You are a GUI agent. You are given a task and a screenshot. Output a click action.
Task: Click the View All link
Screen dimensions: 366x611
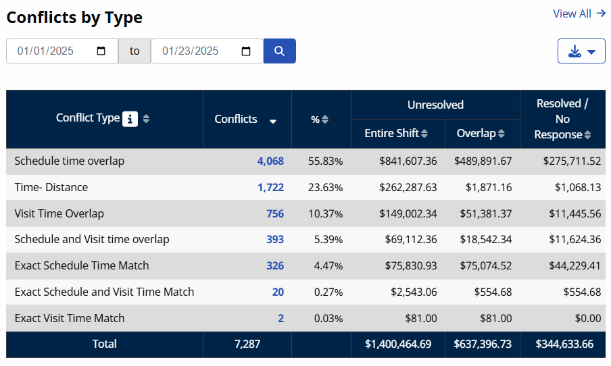point(579,14)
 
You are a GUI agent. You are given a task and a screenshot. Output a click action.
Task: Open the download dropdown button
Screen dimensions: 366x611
point(581,51)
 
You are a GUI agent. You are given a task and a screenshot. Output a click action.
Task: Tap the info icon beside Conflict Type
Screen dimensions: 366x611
point(130,119)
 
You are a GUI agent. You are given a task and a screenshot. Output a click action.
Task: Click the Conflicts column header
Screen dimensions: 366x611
point(236,119)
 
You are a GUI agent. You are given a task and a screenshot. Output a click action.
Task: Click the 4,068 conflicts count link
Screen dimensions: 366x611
point(270,161)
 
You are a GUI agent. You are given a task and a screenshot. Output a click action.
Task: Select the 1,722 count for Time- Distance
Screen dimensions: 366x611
point(270,187)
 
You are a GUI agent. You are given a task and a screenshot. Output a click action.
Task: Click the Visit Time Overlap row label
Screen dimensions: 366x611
point(59,213)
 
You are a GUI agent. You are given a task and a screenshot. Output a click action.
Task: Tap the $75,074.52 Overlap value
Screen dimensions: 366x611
point(484,265)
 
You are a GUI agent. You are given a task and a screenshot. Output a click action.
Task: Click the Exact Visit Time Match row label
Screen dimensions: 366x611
point(70,318)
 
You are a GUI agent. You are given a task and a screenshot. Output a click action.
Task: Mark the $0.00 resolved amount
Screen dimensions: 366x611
point(586,318)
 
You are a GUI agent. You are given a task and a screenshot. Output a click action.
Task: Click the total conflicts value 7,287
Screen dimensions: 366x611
point(247,344)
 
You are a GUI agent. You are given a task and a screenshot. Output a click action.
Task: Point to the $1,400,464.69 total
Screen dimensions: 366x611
point(398,344)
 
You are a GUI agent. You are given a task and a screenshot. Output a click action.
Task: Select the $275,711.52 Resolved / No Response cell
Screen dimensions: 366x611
point(571,161)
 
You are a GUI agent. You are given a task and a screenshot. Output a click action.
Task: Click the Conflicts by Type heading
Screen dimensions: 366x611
point(74,18)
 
